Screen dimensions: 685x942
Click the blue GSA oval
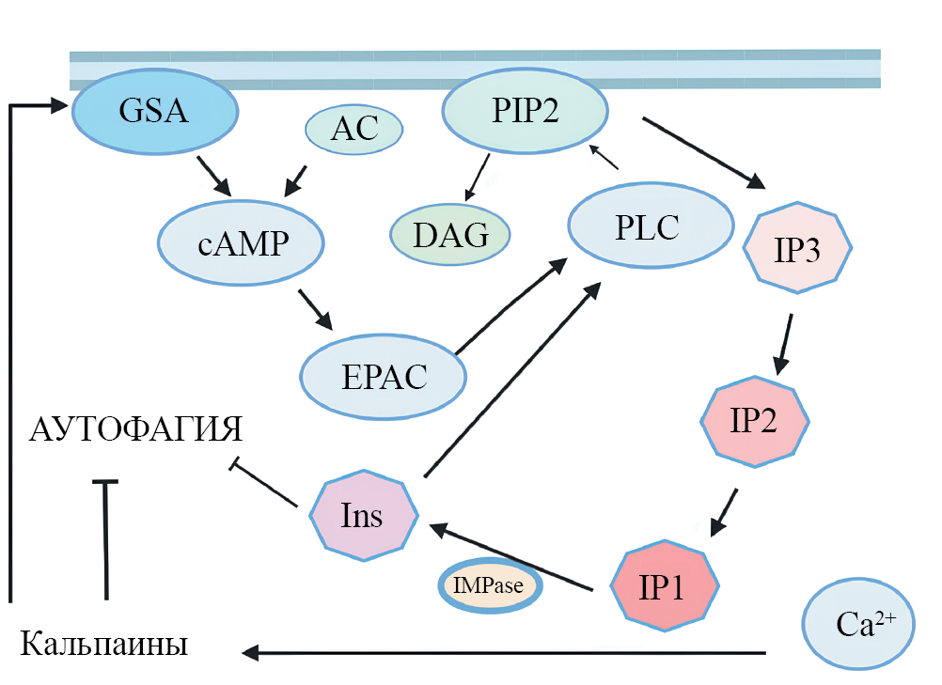coord(154,113)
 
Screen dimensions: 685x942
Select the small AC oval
coord(354,130)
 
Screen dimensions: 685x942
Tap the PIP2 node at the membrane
coord(525,113)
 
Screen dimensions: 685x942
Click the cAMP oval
coord(242,244)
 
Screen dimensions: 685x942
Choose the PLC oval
coord(650,227)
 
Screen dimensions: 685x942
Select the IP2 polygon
coord(754,421)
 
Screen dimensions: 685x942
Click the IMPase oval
coord(489,586)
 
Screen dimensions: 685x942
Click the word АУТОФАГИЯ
coord(136,430)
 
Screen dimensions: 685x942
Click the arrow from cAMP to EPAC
coord(316,310)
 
